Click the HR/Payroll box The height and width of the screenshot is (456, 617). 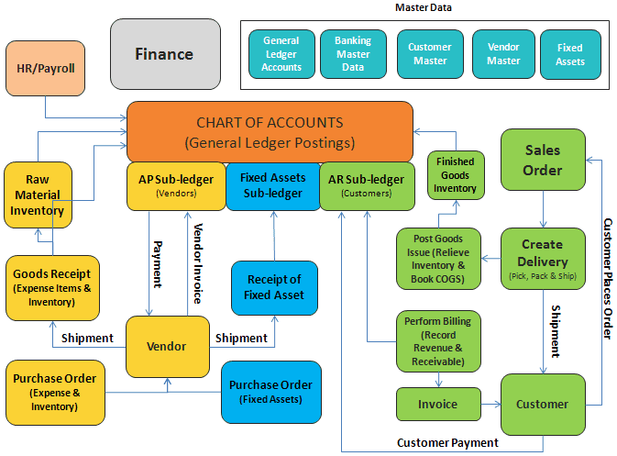tap(46, 67)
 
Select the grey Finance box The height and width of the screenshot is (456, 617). tap(165, 54)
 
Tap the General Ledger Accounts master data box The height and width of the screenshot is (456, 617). tap(281, 54)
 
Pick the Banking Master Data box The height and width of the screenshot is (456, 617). tap(353, 54)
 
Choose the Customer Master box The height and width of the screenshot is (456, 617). tap(430, 54)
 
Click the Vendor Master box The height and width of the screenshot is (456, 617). tap(503, 54)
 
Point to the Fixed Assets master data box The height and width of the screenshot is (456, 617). tap(570, 54)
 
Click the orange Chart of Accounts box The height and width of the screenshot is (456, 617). tap(269, 132)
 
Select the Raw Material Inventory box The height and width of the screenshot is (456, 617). tap(38, 195)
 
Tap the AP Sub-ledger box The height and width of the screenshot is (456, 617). tap(175, 185)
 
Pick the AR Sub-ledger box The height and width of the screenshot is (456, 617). tap(365, 185)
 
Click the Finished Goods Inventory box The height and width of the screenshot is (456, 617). tap(456, 175)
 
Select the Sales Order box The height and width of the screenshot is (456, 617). tap(542, 160)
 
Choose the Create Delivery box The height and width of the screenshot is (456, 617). tap(542, 258)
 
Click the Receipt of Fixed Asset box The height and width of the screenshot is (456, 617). tap(275, 287)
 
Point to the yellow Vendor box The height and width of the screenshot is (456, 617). tap(167, 346)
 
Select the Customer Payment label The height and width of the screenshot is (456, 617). tap(447, 442)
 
